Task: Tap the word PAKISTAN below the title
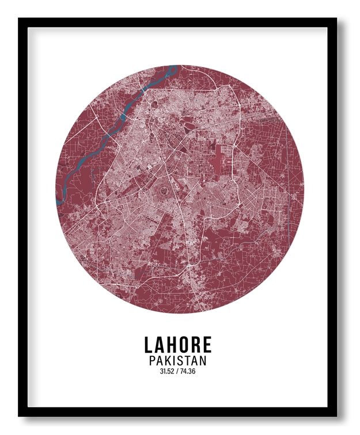click(x=177, y=361)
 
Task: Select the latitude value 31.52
click(x=167, y=372)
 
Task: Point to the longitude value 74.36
click(x=188, y=372)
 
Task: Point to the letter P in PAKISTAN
click(x=153, y=361)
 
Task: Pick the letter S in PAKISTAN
click(x=181, y=361)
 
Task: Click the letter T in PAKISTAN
click(x=188, y=361)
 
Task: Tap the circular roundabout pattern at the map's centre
click(x=163, y=189)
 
